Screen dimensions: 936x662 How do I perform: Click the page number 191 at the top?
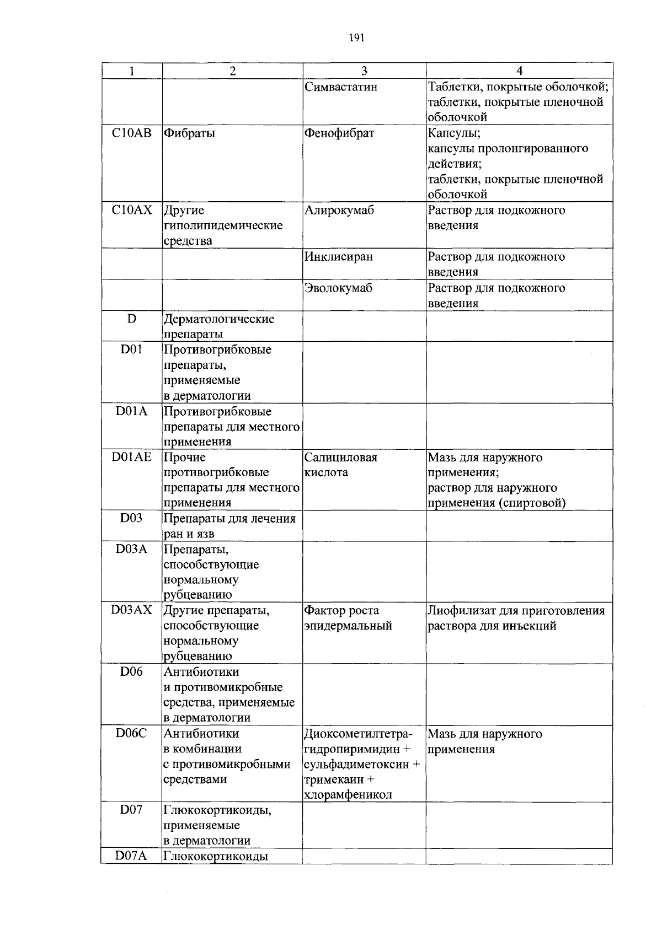(x=357, y=38)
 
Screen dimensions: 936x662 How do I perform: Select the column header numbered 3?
(x=364, y=71)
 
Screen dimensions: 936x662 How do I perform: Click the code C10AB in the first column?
(x=131, y=133)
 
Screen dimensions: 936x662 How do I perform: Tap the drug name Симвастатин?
(x=341, y=87)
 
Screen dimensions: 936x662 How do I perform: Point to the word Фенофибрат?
(x=339, y=133)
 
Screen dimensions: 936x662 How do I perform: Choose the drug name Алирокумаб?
(x=339, y=210)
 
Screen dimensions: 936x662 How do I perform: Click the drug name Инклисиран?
(x=339, y=257)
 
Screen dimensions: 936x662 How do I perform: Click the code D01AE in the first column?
(x=131, y=458)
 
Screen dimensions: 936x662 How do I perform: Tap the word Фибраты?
(x=189, y=133)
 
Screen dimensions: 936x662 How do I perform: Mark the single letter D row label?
(x=131, y=319)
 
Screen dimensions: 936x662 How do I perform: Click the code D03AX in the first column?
(x=131, y=611)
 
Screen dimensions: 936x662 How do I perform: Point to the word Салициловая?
(x=341, y=458)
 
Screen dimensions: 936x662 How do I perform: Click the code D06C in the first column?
(x=131, y=734)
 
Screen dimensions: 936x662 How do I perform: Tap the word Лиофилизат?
(x=462, y=611)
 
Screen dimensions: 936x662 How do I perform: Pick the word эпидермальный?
(x=348, y=626)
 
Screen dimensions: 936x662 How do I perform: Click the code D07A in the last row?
(x=131, y=856)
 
